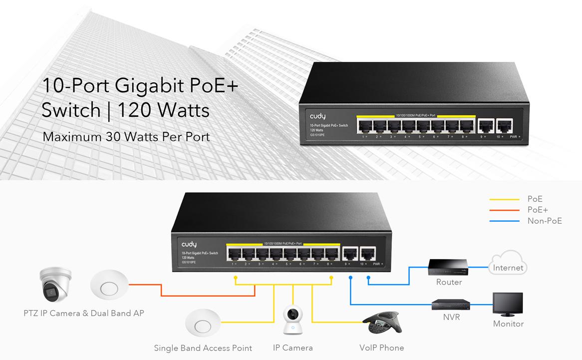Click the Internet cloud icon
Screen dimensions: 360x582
508,265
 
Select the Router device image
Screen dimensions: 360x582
448,268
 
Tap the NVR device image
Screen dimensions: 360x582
451,304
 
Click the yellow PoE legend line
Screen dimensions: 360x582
505,199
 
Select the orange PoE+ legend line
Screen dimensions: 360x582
505,210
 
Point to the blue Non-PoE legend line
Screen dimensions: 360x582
505,221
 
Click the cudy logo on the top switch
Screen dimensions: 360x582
317,116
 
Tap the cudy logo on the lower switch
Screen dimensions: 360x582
189,244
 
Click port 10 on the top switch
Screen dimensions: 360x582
505,126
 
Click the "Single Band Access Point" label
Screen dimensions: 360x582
203,348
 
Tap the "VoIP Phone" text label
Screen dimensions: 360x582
382,348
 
